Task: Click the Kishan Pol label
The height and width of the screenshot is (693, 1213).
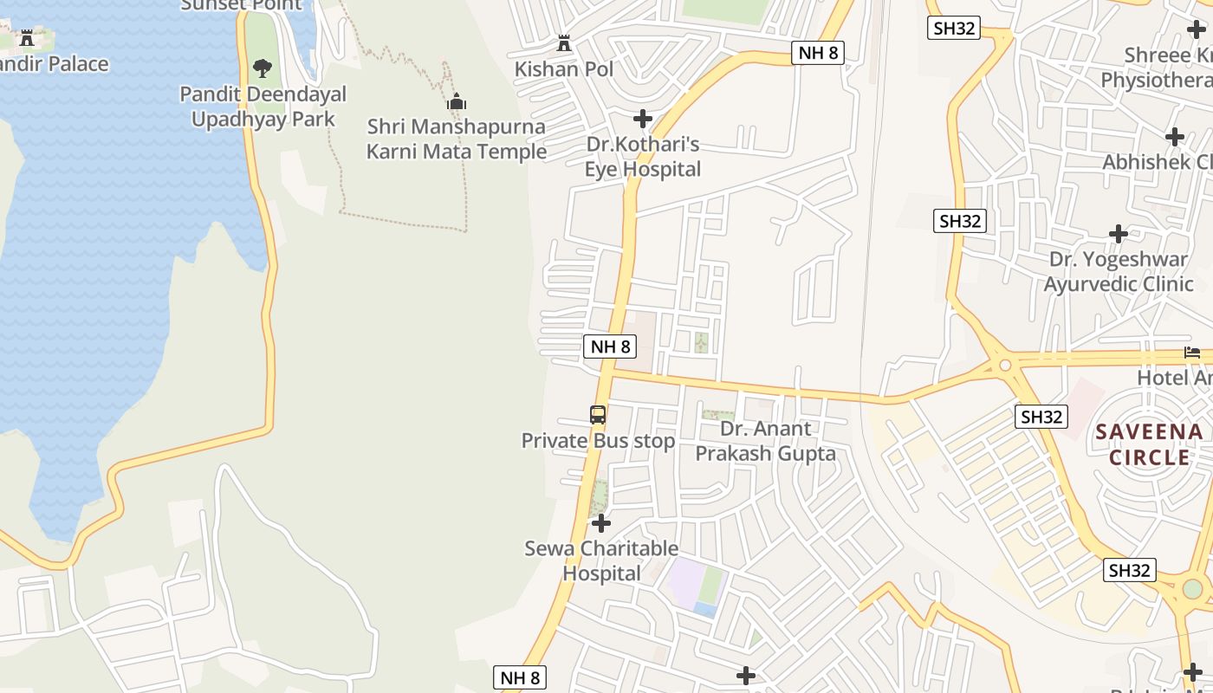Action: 564,68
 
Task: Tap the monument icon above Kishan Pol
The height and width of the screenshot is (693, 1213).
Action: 564,42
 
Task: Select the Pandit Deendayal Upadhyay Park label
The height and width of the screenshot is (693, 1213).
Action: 263,106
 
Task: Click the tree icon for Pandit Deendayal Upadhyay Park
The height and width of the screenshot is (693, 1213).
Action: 262,68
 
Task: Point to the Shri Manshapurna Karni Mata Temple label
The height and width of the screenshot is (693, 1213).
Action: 456,139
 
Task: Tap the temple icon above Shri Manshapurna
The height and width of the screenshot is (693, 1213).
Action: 457,102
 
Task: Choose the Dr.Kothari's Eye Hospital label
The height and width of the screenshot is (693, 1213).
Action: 642,156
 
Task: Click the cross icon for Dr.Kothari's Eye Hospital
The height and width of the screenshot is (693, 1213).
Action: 642,118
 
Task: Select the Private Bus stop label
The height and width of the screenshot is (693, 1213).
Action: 598,441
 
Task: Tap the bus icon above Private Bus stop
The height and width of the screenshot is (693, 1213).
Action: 598,415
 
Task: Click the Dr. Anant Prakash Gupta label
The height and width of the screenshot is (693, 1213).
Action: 766,441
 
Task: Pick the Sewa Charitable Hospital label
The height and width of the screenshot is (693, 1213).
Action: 601,560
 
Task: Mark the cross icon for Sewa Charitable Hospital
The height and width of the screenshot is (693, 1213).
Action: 600,523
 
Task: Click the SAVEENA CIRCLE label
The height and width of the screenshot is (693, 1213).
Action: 1149,444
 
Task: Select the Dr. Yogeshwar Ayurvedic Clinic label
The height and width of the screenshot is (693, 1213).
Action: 1119,271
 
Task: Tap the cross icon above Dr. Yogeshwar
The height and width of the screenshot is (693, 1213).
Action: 1119,234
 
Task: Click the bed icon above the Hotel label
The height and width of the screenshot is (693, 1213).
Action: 1192,353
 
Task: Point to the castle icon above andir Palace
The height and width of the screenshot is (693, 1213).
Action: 27,38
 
